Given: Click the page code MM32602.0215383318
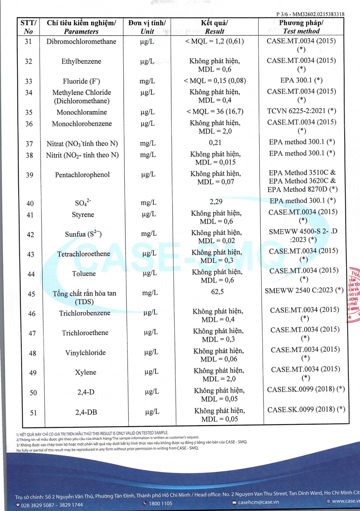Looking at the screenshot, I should tap(318, 14).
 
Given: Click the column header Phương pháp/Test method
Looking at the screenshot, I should tap(301, 27).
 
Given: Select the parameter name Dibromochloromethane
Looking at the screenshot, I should tap(81, 42).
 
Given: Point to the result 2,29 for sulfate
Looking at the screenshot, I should tap(216, 202).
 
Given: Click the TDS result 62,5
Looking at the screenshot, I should tap(217, 292).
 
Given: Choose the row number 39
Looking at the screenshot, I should tap(30, 175).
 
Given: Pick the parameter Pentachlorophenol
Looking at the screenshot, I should tap(82, 175).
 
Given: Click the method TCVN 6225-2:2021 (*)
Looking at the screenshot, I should tap(301, 111).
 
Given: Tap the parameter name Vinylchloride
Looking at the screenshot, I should tap(85, 353).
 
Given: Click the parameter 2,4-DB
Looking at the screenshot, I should tap(86, 413).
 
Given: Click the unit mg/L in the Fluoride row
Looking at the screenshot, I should tap(147, 81).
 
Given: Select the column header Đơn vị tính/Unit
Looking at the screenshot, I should tap(147, 27).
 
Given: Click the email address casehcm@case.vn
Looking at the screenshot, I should tap(258, 502).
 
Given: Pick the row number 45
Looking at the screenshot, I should tap(31, 294).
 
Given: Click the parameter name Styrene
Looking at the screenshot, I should tap(83, 215).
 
